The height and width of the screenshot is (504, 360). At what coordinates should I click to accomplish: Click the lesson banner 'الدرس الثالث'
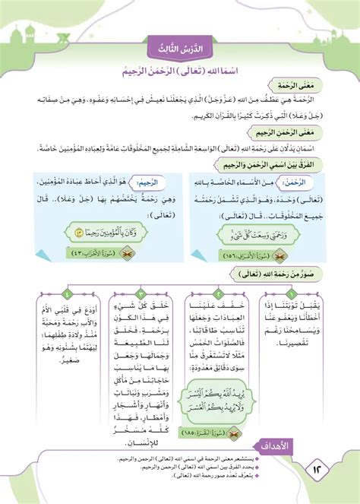(x=180, y=49)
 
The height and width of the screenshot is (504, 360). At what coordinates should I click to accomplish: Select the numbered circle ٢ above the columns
(x=222, y=293)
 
